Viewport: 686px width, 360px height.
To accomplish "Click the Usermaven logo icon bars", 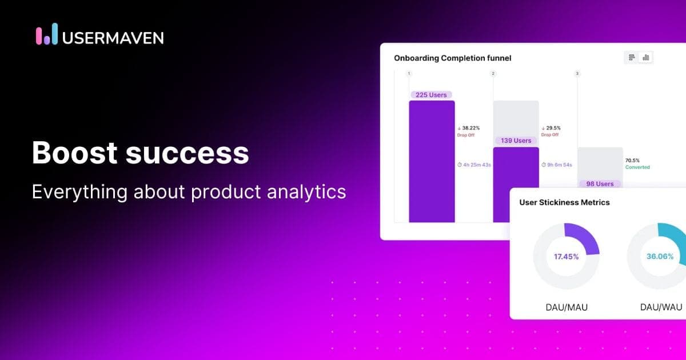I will click(47, 34).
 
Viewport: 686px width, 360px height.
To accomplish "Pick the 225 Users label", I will click(432, 95).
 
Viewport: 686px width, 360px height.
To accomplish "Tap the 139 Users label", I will click(516, 141).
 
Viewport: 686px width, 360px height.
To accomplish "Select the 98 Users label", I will click(600, 184).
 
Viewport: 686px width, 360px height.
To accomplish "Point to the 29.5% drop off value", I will click(553, 128).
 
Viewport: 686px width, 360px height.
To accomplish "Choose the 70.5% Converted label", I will click(637, 164).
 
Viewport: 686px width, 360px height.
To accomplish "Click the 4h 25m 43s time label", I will click(474, 165).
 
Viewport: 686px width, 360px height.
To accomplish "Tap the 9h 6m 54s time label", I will click(557, 165).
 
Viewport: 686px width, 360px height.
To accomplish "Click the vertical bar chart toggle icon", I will click(646, 57).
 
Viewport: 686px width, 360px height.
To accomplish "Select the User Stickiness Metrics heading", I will click(564, 202).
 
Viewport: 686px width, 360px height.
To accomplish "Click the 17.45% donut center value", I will click(566, 257).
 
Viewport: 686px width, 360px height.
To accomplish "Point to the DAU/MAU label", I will click(566, 307).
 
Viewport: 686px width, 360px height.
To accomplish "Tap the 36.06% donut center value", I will click(660, 257).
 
